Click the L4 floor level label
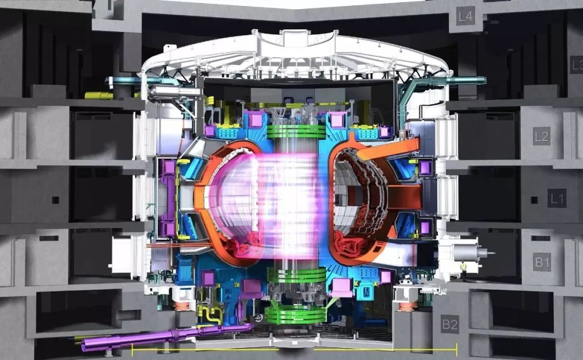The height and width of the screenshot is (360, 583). point(465,16)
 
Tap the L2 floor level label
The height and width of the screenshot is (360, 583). point(541,136)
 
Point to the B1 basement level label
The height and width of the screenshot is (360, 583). point(542,262)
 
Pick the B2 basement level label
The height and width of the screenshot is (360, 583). point(450,324)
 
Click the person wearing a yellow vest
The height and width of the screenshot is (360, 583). point(463,270)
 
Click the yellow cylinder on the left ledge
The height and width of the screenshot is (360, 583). point(99,96)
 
